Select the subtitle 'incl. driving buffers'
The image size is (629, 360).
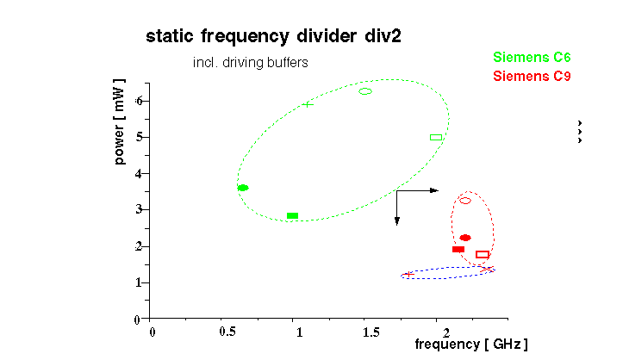(250, 63)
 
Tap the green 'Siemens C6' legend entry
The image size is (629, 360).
(532, 58)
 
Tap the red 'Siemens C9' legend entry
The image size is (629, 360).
(532, 76)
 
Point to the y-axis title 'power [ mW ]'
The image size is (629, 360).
(120, 122)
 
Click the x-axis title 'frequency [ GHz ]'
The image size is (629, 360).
(471, 344)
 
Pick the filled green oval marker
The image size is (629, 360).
(243, 188)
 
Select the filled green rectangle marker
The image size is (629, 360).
(292, 215)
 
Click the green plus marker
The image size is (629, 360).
(307, 105)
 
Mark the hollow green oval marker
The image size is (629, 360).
(365, 91)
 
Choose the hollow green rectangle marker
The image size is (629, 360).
(436, 137)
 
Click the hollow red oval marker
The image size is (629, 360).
(465, 201)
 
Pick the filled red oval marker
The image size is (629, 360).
(465, 238)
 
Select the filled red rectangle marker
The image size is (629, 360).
(458, 249)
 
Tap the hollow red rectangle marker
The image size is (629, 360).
(483, 255)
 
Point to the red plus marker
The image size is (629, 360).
(408, 275)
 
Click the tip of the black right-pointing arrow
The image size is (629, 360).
(439, 190)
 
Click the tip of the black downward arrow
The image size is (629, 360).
(397, 224)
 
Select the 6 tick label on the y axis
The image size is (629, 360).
(138, 101)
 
